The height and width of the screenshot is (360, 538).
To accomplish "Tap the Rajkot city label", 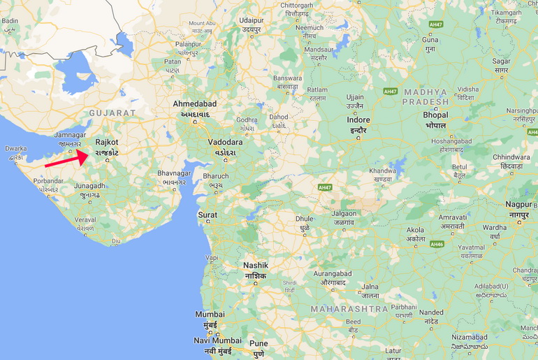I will pos(107,142).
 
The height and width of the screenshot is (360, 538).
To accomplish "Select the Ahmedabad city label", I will pos(195,104).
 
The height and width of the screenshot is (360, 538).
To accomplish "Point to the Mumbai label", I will pos(210,315).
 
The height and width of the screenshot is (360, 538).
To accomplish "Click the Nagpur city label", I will pos(518,204).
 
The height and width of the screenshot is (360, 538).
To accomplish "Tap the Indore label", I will pos(358,120).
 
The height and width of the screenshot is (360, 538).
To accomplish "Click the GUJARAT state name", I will pos(112,113).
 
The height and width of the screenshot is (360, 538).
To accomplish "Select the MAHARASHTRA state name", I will pos(349,308).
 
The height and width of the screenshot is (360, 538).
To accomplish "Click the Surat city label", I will pos(208,215).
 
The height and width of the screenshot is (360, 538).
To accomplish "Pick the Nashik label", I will pos(255,266).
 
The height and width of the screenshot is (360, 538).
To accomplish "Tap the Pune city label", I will pos(259,343).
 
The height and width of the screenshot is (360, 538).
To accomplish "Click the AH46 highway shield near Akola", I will pos(437,244).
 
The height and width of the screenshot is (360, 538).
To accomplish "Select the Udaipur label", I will pos(252,21).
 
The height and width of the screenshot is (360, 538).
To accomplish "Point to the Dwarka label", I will pos(16,148).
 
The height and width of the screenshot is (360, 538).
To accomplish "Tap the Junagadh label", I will pos(89,186).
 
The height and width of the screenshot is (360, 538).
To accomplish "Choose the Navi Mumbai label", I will pos(217,340).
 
